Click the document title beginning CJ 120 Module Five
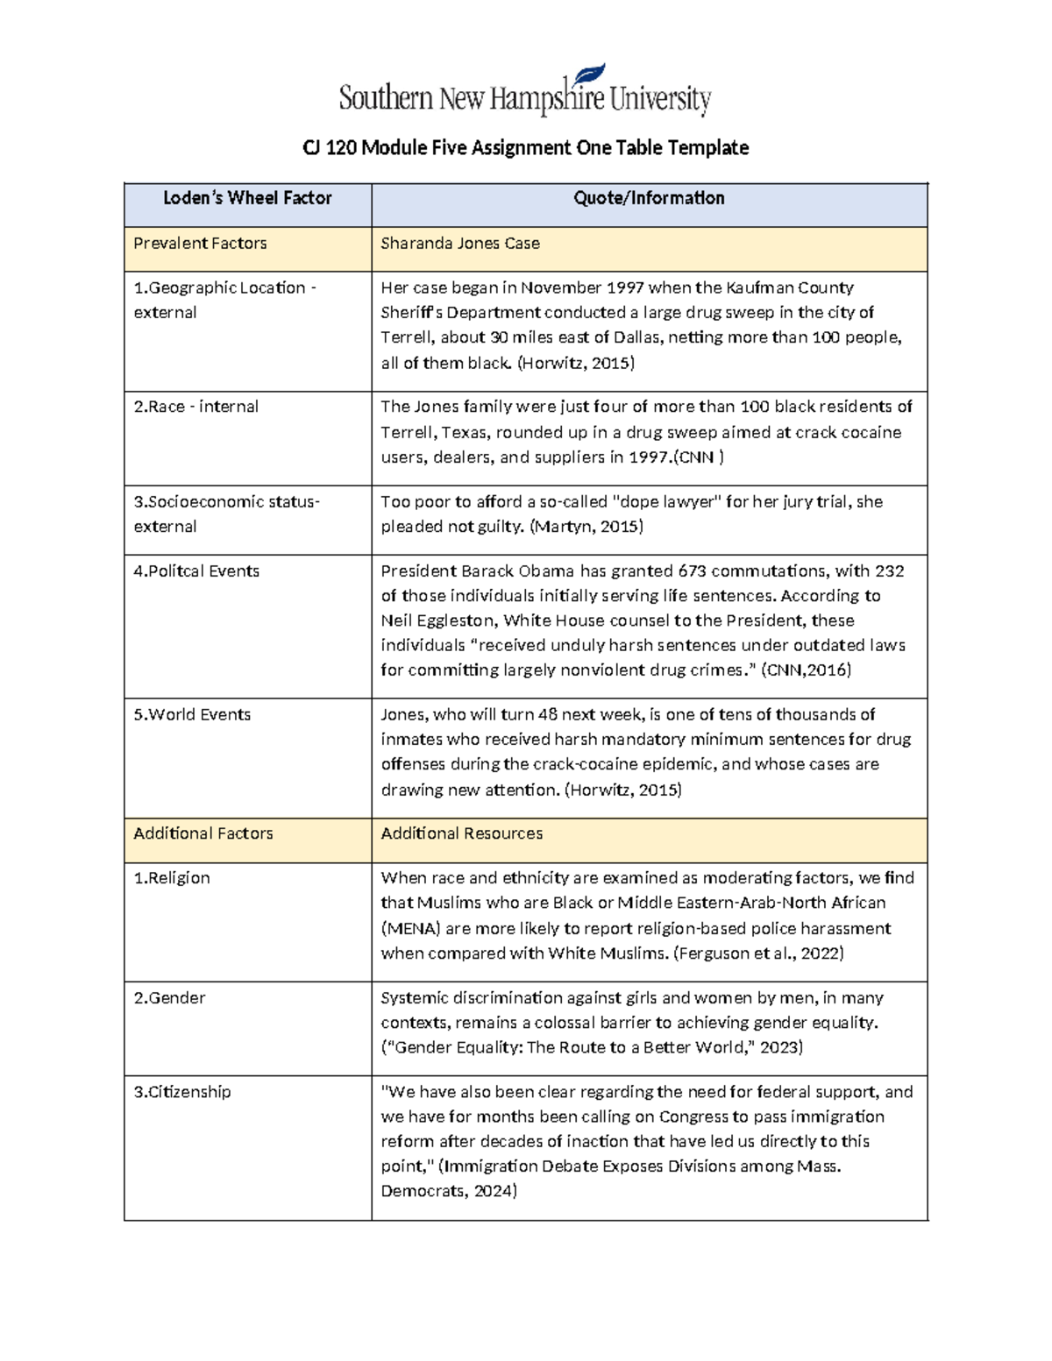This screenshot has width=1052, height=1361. point(525,147)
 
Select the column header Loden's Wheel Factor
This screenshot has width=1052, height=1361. point(247,198)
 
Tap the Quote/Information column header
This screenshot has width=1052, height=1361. point(649,198)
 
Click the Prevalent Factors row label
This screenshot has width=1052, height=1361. point(200,244)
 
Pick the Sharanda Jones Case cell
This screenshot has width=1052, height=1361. point(460,244)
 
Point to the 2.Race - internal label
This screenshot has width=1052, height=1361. point(195,407)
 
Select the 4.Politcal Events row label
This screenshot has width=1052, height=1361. point(196,571)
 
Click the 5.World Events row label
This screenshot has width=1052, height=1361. point(192,715)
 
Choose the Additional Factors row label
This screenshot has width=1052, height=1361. point(203,833)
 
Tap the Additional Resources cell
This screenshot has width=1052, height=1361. point(461,833)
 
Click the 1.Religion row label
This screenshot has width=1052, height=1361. point(172,878)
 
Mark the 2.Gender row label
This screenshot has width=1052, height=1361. point(169,998)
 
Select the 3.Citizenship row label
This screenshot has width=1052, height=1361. point(182,1092)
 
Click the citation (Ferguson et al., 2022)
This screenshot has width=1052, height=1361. point(758,953)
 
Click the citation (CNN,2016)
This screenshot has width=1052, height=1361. point(806,670)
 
